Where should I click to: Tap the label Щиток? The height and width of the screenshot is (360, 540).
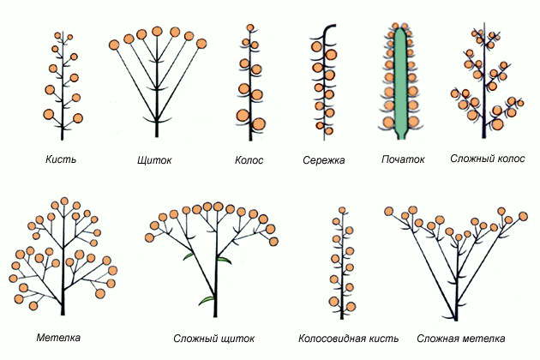[x=153, y=160]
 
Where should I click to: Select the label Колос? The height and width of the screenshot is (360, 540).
[x=249, y=159]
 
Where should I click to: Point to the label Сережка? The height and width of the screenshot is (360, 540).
[x=323, y=160]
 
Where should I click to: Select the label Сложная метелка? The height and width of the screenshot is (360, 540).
[x=458, y=338]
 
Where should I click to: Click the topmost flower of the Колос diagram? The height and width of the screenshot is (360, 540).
[x=250, y=28]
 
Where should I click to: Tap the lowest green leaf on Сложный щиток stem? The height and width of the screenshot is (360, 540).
[x=206, y=300]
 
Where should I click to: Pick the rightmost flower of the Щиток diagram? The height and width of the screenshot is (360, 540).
[x=201, y=43]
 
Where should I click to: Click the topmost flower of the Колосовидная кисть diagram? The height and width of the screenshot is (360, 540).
[x=342, y=210]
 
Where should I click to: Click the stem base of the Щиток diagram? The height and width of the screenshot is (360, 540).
[x=156, y=135]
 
